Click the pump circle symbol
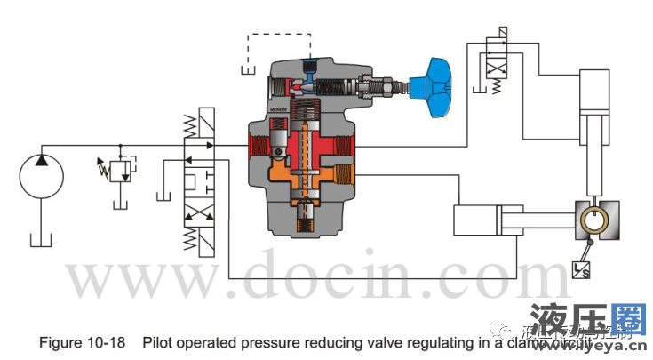42,173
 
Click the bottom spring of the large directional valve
190,237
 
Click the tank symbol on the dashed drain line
249,69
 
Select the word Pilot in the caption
157,340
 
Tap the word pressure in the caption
229,340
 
